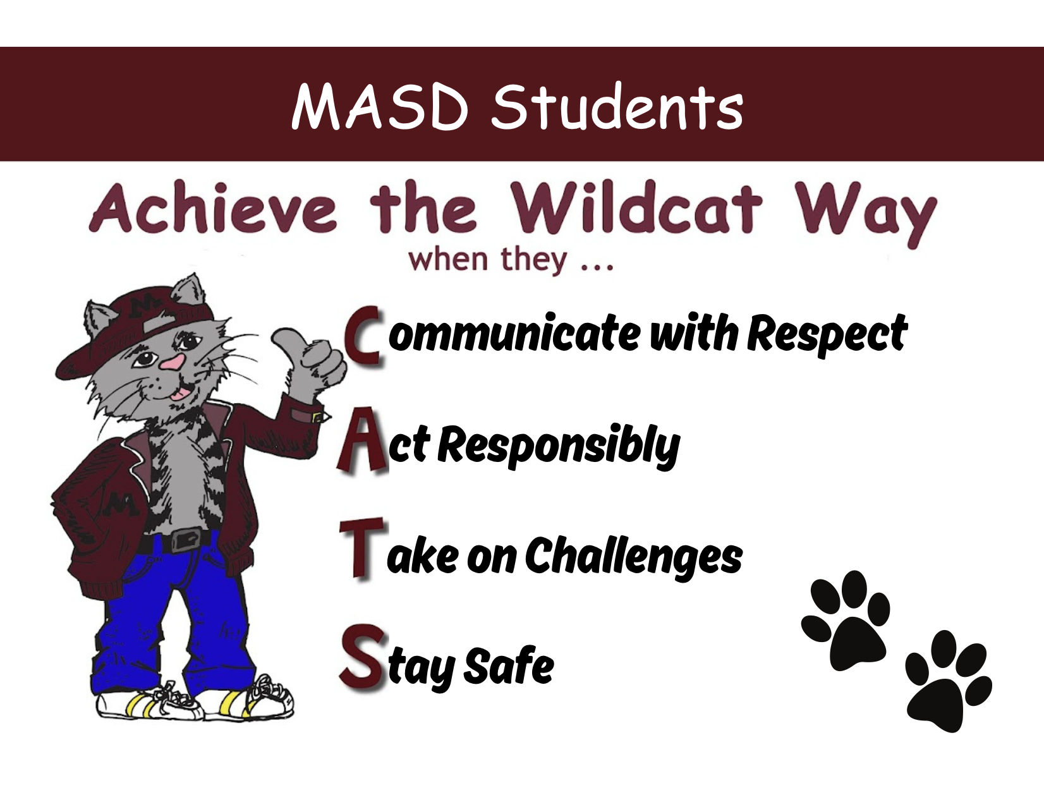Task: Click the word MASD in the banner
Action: pyautogui.click(x=380, y=107)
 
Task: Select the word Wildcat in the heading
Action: pyautogui.click(x=638, y=209)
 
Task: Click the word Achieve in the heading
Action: pyautogui.click(x=212, y=209)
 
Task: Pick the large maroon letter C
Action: pyautogui.click(x=363, y=337)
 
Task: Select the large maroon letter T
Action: pyautogui.click(x=361, y=549)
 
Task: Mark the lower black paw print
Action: pyautogui.click(x=947, y=681)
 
